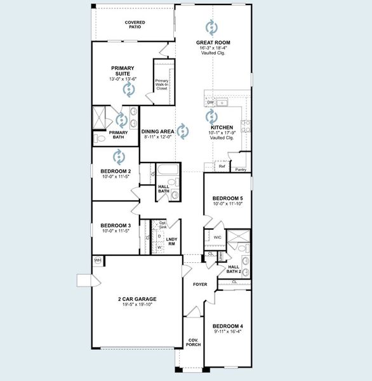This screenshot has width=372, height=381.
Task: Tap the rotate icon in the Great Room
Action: pos(211,27)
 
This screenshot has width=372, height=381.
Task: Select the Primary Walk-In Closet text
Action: pos(162,84)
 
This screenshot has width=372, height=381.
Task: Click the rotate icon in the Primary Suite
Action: pos(129,90)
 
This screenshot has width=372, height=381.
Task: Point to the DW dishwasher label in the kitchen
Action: pos(210,102)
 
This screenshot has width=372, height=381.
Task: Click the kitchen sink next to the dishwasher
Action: pos(222,102)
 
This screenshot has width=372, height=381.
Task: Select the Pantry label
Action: pos(241,170)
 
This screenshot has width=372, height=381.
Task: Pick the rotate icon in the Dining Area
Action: pos(183,131)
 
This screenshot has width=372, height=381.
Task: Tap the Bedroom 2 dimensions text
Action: pos(116,177)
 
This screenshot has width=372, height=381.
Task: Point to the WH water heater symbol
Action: pos(98,260)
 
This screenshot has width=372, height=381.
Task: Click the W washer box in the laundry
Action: pos(159,247)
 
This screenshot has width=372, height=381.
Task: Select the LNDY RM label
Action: pos(171,241)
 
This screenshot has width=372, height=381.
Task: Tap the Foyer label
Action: pos(201,283)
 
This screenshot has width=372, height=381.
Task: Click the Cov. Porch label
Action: pos(193,342)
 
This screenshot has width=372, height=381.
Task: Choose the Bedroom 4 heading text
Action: pos(227,326)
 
